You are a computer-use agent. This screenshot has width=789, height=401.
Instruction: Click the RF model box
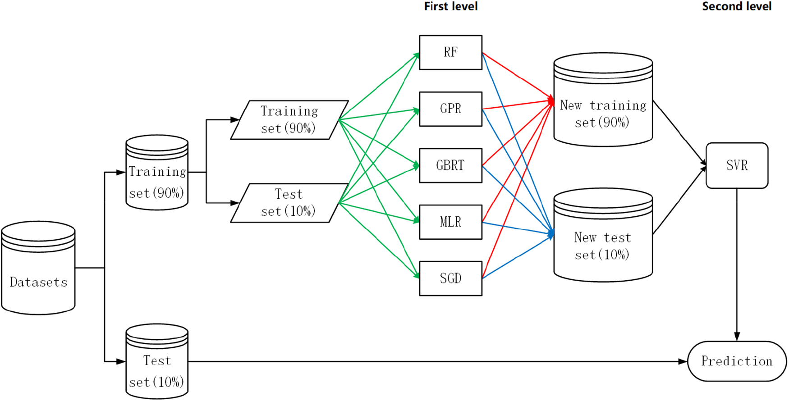click(x=450, y=53)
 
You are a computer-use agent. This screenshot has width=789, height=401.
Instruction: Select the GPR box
click(x=450, y=109)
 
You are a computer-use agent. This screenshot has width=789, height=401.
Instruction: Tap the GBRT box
click(x=450, y=165)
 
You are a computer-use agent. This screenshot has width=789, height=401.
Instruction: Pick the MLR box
click(x=450, y=222)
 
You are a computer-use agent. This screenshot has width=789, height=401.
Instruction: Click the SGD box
click(x=450, y=278)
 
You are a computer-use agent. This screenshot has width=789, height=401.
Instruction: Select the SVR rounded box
click(x=737, y=165)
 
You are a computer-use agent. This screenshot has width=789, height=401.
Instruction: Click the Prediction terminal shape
click(x=737, y=361)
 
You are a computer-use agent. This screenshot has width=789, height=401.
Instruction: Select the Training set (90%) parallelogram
click(x=289, y=120)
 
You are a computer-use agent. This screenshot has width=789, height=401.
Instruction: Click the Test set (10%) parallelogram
click(x=289, y=203)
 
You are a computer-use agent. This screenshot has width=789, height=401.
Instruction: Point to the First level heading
click(x=450, y=6)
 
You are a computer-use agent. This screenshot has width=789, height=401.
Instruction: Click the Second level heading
click(x=736, y=6)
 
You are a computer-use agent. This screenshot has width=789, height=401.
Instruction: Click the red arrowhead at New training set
click(x=551, y=100)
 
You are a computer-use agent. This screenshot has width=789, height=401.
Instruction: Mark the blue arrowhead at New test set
click(x=551, y=234)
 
